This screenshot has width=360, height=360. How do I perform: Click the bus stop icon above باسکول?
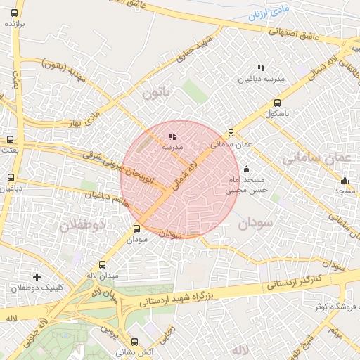click(x=278, y=102)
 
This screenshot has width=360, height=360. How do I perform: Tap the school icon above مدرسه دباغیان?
click(x=260, y=67)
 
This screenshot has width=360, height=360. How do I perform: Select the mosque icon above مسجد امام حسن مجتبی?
click(x=245, y=169)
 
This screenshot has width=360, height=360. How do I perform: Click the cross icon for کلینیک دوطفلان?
click(x=37, y=277)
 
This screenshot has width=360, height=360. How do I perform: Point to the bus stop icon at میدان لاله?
click(x=103, y=264)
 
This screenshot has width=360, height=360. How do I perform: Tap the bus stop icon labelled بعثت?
click(x=10, y=139)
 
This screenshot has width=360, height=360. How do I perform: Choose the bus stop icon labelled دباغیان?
click(x=10, y=178)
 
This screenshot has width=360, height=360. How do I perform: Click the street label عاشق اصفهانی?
click(x=295, y=32)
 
